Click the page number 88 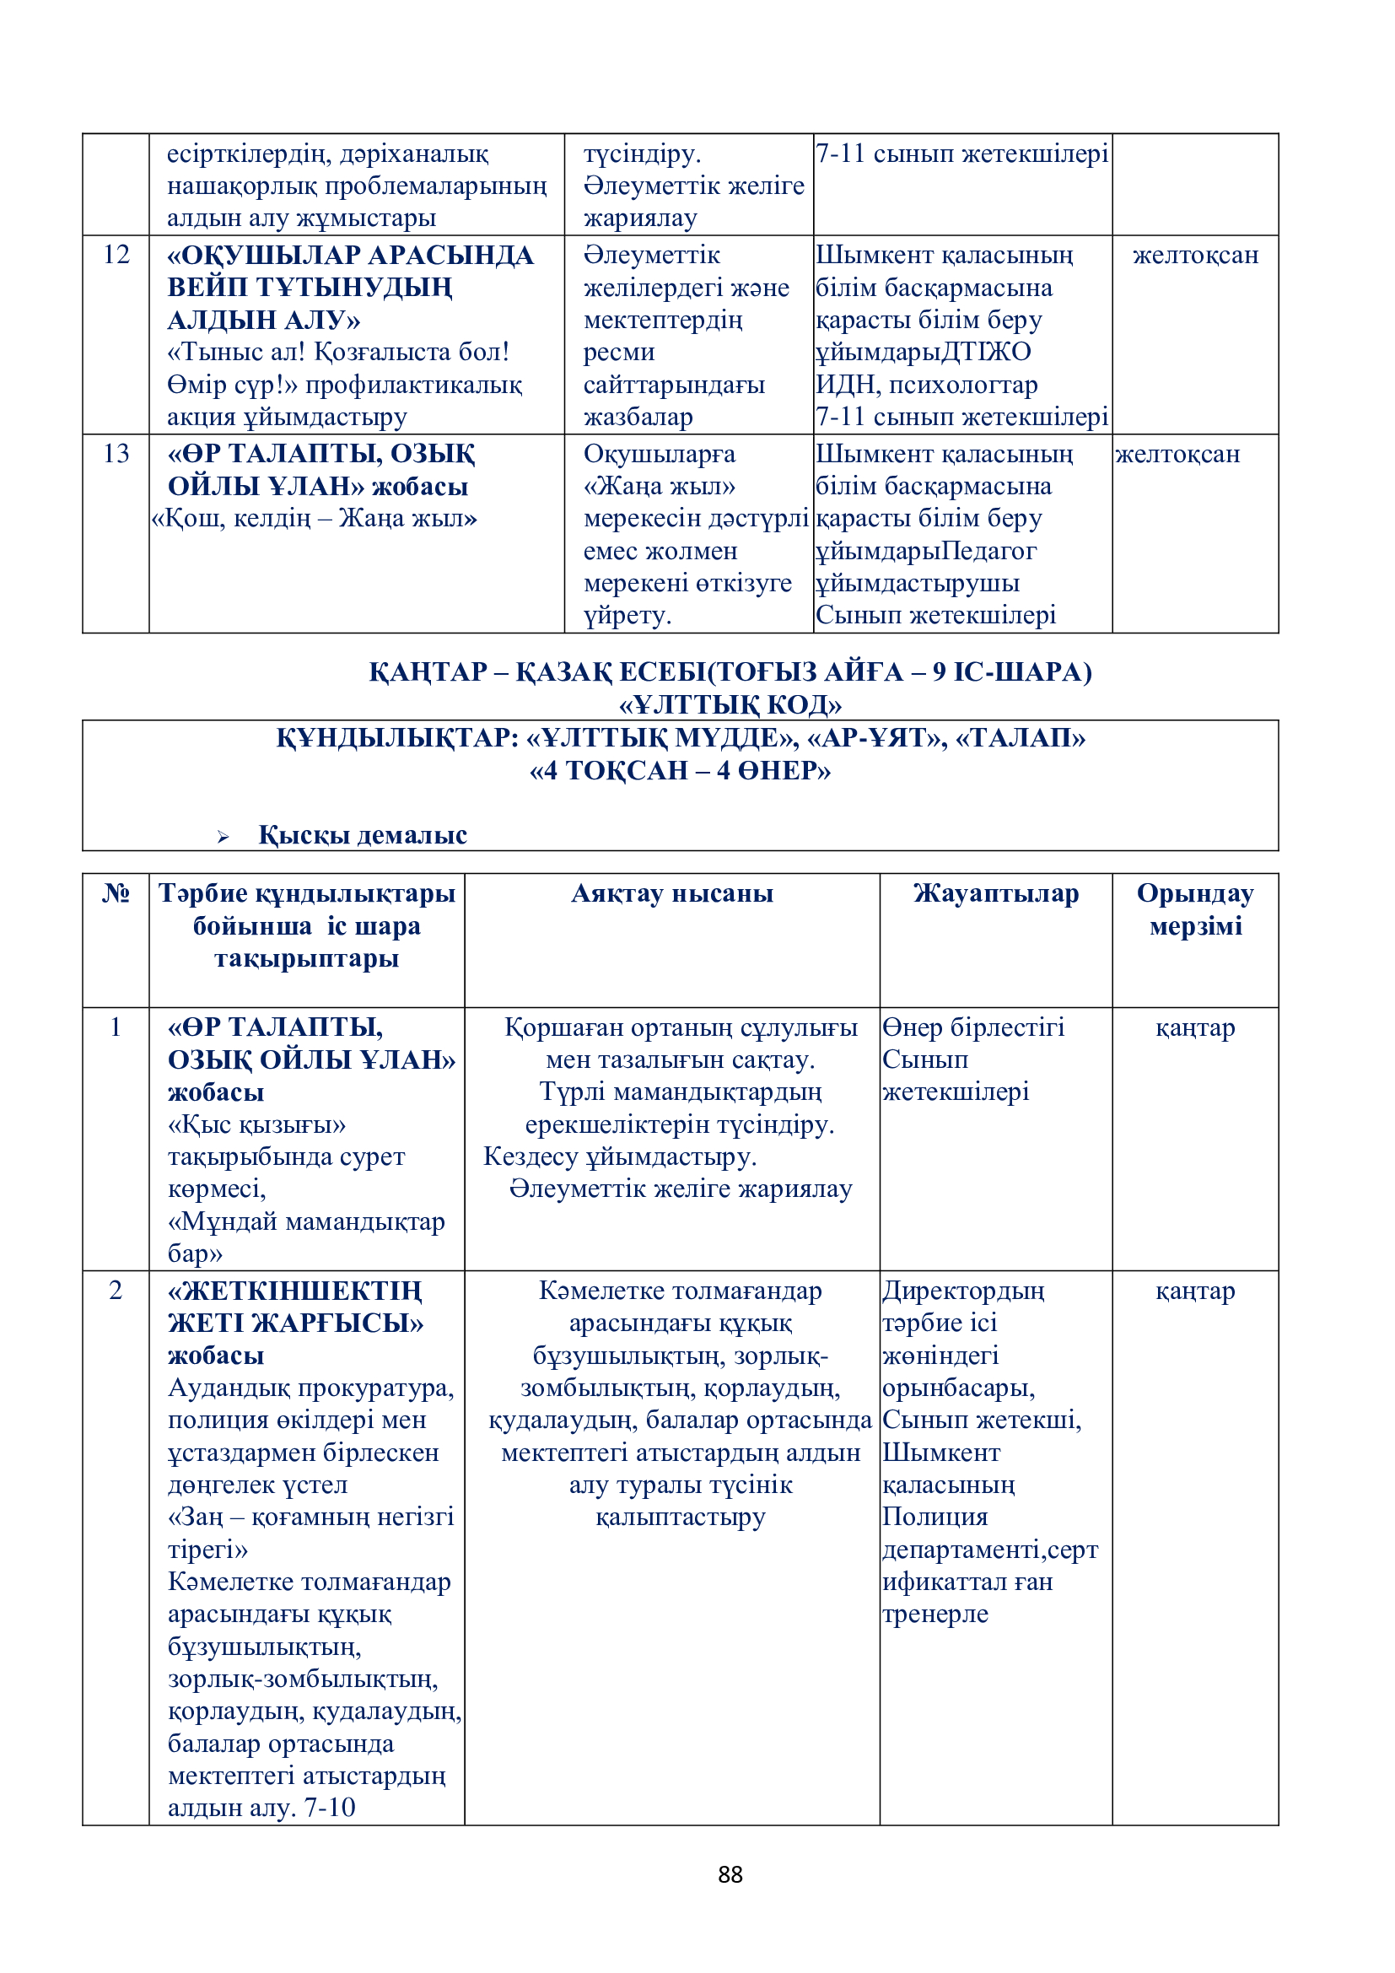click(x=730, y=1874)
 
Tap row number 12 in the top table click(x=116, y=255)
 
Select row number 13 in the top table click(x=116, y=454)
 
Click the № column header click(x=116, y=893)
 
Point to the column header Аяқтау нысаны click(x=671, y=893)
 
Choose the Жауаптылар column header click(x=995, y=893)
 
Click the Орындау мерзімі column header click(x=1195, y=909)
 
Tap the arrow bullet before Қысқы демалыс click(x=224, y=836)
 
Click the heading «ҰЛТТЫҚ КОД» click(x=730, y=704)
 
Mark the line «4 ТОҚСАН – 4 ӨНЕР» click(x=681, y=770)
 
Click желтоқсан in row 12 click(x=1195, y=256)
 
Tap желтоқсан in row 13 click(x=1177, y=454)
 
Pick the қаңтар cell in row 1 click(x=1195, y=1027)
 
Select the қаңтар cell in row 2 click(x=1195, y=1291)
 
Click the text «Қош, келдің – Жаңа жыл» click(x=315, y=518)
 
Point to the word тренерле click(x=934, y=1614)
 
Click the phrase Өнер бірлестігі click(x=973, y=1027)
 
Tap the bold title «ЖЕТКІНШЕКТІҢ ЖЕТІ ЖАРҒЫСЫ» click(x=294, y=1306)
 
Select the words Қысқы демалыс click(x=363, y=835)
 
